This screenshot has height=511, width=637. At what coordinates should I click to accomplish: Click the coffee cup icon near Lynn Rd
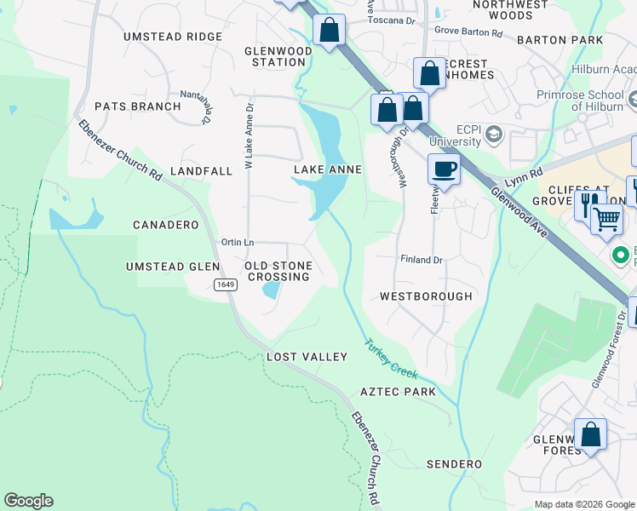coord(444,169)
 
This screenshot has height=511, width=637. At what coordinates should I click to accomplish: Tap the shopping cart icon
coord(606,218)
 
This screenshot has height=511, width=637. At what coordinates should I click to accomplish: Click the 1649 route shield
coord(225,284)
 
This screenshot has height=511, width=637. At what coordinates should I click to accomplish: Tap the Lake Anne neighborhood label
coord(328,170)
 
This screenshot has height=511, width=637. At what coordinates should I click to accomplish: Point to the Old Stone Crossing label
coord(278,272)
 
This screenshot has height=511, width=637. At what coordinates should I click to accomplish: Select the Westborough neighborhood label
coord(426,296)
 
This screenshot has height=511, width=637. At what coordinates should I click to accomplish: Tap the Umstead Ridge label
coord(173,37)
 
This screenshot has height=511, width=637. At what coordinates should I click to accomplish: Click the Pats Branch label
coord(137,106)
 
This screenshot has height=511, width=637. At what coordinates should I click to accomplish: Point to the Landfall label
coord(201,171)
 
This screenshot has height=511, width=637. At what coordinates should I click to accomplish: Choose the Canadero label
coord(165,225)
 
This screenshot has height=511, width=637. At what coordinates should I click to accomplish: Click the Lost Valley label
coord(307,357)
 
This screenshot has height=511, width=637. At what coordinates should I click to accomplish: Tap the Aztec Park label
coord(398,392)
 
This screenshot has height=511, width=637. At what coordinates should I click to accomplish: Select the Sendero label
coord(454,464)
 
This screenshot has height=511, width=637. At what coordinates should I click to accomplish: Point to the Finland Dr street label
coord(422,259)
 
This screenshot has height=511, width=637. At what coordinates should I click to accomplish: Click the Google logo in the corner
coord(28,501)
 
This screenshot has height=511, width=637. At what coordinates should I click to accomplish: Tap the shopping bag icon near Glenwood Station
coord(329,30)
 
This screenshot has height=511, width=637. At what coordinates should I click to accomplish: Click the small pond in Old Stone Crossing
coord(271,290)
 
